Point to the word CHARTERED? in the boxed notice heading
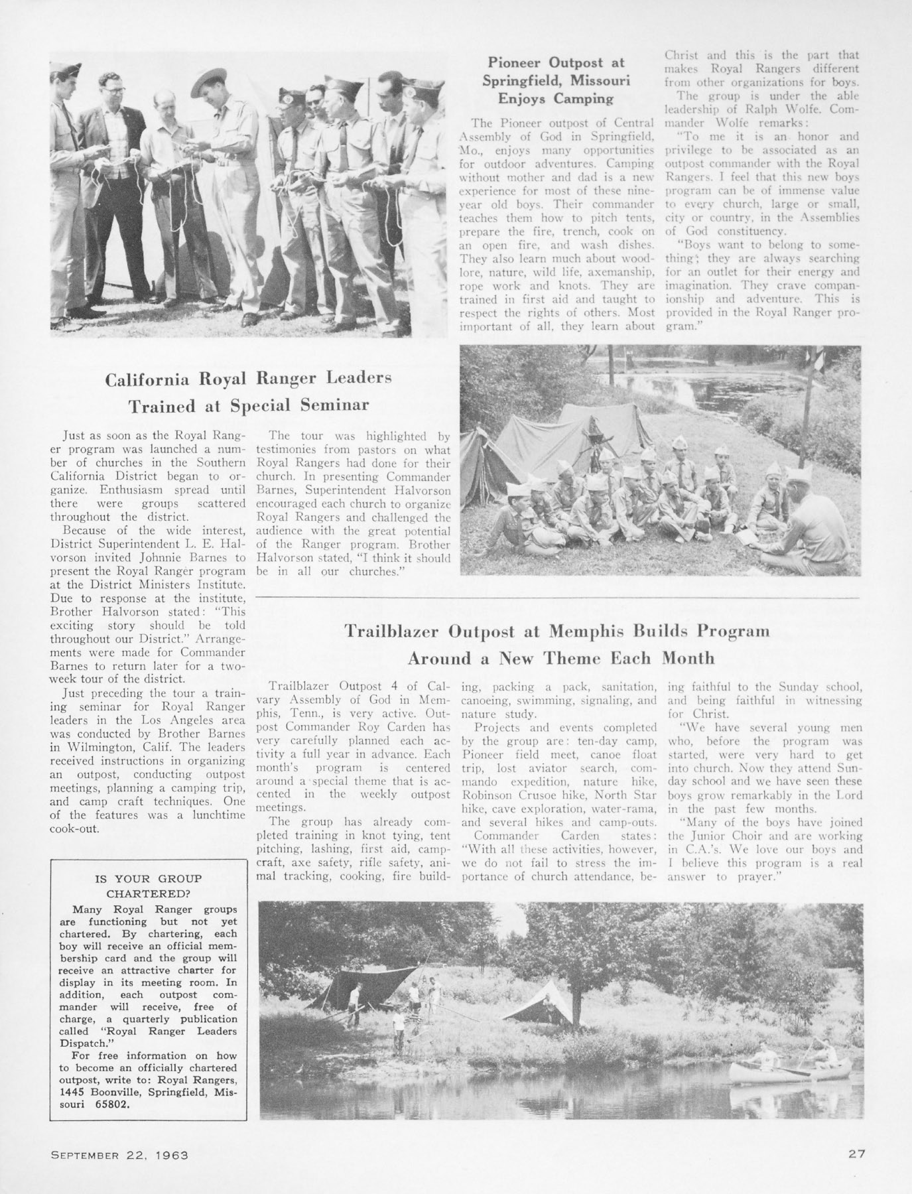pos(148,893)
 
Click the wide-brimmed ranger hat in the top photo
pos(209,82)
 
